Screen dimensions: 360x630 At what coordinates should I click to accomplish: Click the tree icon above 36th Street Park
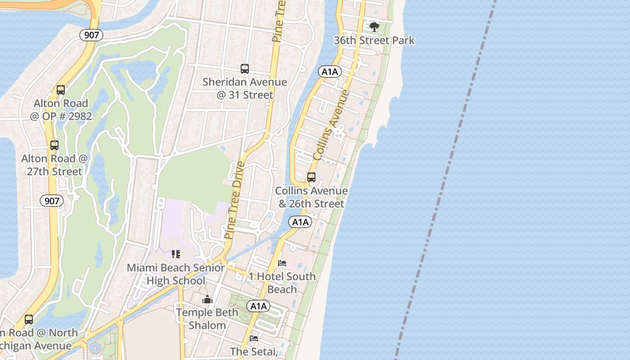click(374, 27)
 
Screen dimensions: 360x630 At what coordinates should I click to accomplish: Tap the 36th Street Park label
click(374, 40)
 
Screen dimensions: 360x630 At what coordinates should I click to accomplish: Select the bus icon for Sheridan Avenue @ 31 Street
click(245, 69)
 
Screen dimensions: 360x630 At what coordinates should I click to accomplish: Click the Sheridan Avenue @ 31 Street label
click(244, 89)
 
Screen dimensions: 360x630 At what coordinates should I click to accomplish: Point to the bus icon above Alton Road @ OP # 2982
click(61, 90)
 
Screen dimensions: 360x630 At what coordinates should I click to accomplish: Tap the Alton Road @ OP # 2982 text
click(61, 110)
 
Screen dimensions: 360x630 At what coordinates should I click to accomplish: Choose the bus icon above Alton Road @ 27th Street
click(54, 145)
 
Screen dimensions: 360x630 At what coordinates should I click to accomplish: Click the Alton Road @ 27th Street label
click(54, 165)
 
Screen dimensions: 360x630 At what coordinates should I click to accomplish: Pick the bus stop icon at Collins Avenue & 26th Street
click(311, 177)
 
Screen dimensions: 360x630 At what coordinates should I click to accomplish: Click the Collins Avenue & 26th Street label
click(311, 197)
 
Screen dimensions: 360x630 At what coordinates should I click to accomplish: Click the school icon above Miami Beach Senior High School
click(176, 254)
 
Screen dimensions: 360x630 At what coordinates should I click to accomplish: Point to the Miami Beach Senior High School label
click(176, 274)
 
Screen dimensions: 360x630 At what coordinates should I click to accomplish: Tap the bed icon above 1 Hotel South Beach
click(282, 263)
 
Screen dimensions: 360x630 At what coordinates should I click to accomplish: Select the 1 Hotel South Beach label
click(282, 283)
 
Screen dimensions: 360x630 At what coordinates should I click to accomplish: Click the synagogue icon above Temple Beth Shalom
click(207, 299)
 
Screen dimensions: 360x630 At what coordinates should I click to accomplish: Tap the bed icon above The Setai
click(254, 338)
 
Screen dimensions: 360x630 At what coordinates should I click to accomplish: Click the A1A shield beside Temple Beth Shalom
click(258, 306)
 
